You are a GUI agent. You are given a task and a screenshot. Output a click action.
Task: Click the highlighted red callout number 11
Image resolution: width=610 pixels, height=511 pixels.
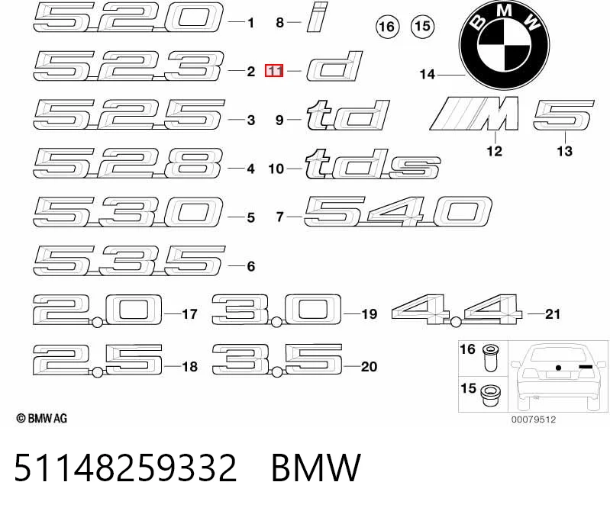(x=274, y=71)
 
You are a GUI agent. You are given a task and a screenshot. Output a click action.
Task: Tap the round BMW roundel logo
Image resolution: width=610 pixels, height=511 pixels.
(x=504, y=45)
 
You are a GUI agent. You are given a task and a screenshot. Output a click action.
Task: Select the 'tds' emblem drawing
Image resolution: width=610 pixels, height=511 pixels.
(x=373, y=164)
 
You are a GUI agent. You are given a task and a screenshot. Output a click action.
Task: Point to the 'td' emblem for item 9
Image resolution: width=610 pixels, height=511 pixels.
(x=348, y=115)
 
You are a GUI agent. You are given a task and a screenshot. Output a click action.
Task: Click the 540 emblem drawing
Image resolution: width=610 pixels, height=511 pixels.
(x=398, y=211)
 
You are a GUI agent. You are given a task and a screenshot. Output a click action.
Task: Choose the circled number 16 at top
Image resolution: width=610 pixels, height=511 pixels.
(x=387, y=27)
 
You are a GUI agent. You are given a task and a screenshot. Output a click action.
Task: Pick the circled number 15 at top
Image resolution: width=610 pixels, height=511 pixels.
(x=422, y=26)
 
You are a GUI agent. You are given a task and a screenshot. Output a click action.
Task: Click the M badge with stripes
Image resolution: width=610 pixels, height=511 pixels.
(x=475, y=113)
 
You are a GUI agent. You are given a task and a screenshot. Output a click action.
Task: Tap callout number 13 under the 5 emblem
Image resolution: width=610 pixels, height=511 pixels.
(x=564, y=151)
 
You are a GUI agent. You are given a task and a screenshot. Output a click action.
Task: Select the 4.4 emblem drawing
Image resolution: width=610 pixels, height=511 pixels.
(x=457, y=310)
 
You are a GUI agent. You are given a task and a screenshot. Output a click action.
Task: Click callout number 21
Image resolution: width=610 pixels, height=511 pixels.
(x=553, y=313)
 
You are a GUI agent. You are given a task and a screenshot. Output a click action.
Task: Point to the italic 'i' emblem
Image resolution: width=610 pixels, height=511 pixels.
(x=317, y=17)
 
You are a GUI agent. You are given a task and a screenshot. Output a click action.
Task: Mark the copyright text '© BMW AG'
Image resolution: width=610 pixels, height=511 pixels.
(x=42, y=419)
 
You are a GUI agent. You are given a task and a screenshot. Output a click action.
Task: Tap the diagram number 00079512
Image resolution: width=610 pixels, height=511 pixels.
(x=534, y=419)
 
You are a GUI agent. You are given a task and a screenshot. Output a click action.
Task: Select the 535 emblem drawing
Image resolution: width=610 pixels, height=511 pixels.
(x=129, y=261)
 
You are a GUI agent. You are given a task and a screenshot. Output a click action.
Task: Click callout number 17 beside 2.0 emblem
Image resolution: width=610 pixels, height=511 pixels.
(x=189, y=313)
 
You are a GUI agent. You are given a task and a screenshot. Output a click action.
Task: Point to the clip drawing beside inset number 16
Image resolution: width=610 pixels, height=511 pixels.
(x=491, y=358)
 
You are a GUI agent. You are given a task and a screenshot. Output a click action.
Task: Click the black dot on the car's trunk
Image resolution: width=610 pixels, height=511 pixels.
(x=558, y=368)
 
